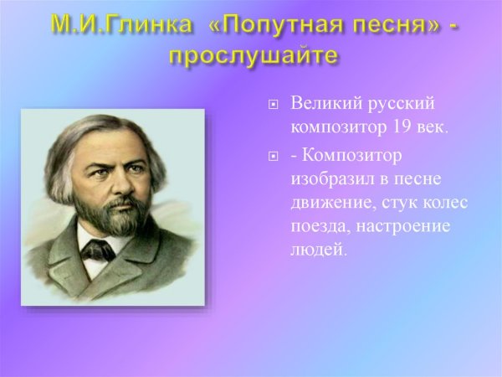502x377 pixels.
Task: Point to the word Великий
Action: [323, 105]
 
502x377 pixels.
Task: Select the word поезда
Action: [317, 227]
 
